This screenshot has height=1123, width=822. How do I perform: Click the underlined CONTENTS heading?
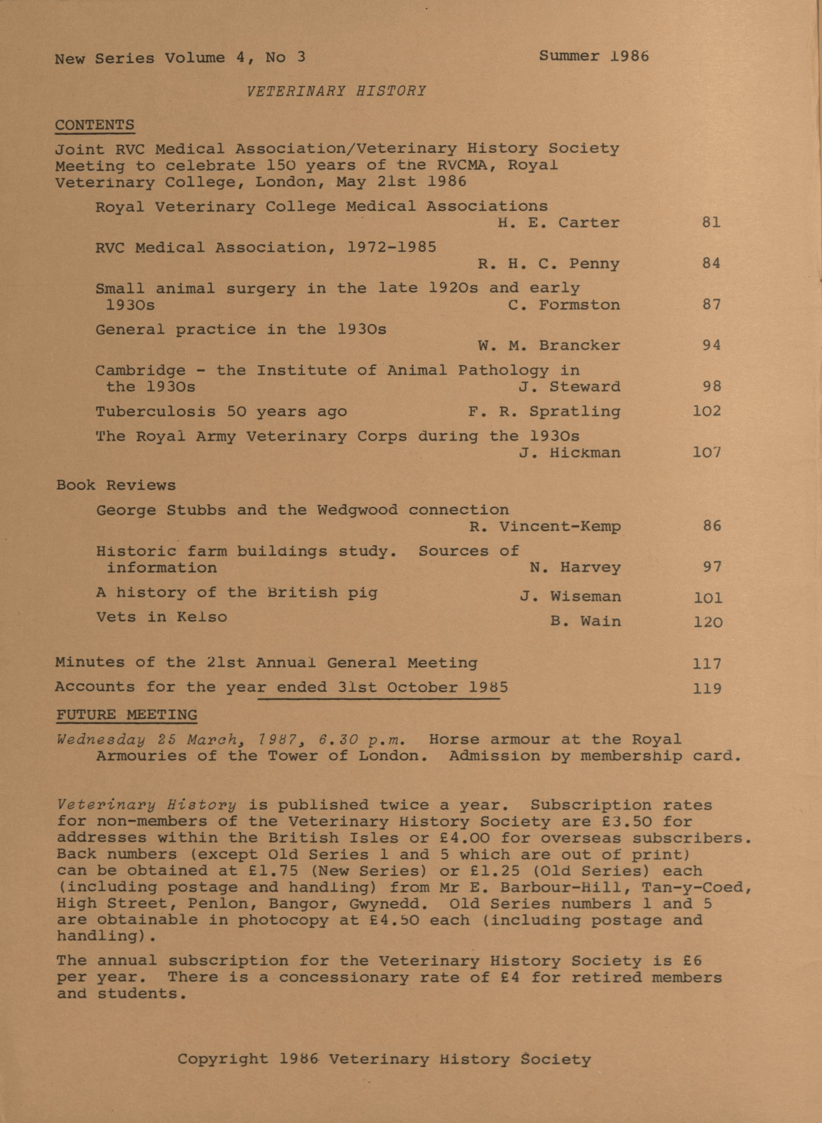point(94,125)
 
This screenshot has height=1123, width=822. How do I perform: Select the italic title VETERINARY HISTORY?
point(336,91)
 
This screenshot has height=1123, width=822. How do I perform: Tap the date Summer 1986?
point(594,57)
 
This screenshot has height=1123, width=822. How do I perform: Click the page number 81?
point(711,223)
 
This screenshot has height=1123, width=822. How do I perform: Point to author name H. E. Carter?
point(558,223)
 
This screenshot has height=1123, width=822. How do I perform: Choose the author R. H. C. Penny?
point(548,264)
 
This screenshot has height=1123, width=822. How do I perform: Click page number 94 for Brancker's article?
point(711,346)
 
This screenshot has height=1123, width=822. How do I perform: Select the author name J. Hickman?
point(570,454)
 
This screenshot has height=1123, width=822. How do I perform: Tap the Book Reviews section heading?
point(116,485)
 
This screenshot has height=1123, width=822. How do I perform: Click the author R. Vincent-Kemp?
point(545,527)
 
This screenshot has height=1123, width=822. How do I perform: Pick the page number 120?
point(707,622)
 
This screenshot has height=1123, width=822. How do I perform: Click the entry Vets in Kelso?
point(162,617)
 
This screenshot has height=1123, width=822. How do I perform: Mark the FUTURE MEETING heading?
point(127,715)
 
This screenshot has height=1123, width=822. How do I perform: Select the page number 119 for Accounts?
point(707,688)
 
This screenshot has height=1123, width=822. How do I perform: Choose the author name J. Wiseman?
point(570,597)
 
